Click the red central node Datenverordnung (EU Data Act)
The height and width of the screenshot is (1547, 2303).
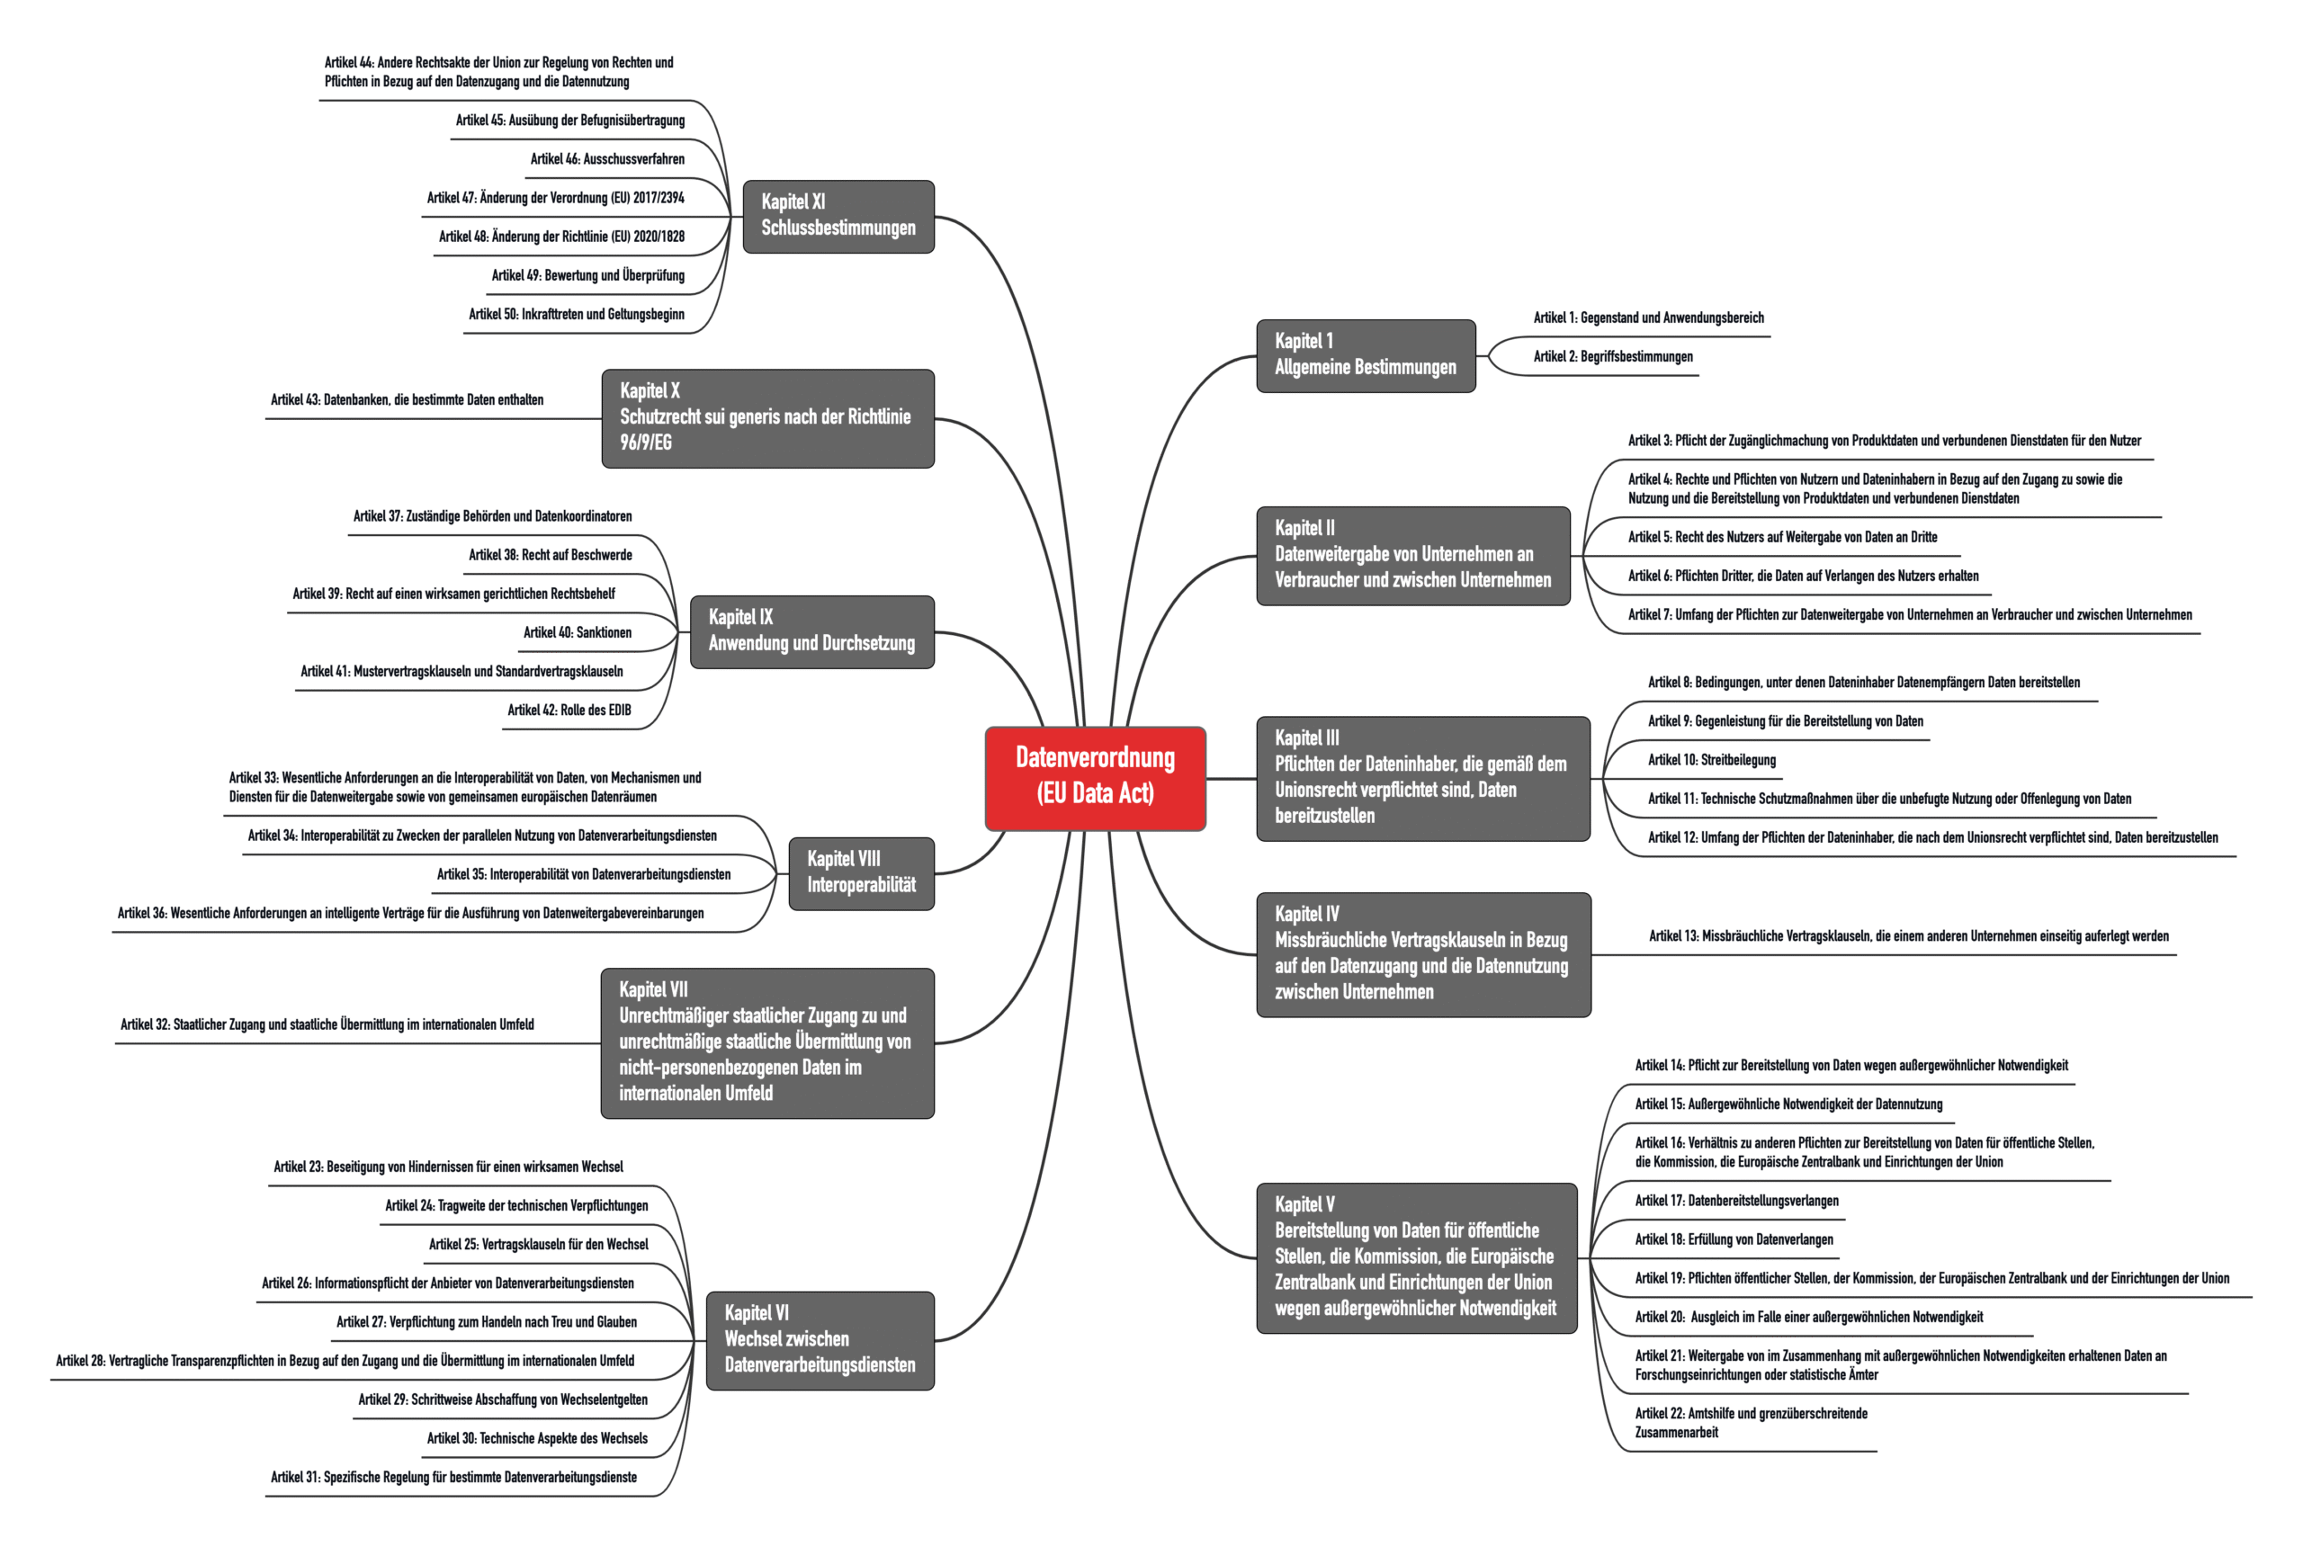pyautogui.click(x=1095, y=778)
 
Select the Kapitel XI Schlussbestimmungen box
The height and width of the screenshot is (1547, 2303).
pyautogui.click(x=838, y=216)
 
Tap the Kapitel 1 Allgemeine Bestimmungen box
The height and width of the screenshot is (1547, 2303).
pyautogui.click(x=1366, y=355)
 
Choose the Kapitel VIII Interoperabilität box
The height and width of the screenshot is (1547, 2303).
pyautogui.click(x=862, y=873)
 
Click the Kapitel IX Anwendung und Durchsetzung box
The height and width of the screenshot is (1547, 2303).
pyautogui.click(x=812, y=631)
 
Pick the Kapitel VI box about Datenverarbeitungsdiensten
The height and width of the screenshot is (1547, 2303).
pyautogui.click(x=820, y=1340)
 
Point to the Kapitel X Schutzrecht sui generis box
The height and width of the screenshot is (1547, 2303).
pyautogui.click(x=767, y=418)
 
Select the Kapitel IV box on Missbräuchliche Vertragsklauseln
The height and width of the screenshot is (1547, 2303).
pyautogui.click(x=1423, y=954)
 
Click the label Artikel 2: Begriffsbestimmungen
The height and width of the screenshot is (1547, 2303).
pyautogui.click(x=1612, y=356)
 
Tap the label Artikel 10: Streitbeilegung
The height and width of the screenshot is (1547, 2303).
pyautogui.click(x=1711, y=760)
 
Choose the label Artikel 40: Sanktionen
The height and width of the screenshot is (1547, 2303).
pyautogui.click(x=578, y=632)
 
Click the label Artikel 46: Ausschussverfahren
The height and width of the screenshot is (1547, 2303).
pyautogui.click(x=607, y=159)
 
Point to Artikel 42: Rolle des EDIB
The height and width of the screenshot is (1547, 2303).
pyautogui.click(x=569, y=711)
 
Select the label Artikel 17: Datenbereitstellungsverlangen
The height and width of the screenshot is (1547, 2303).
pyautogui.click(x=1736, y=1201)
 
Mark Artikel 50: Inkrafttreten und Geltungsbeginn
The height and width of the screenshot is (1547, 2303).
pyautogui.click(x=577, y=314)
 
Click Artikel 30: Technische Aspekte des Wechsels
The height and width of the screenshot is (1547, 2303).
pyautogui.click(x=537, y=1438)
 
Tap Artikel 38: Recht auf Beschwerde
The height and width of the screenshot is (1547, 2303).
pyautogui.click(x=550, y=554)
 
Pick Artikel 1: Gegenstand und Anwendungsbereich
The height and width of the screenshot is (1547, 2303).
pyautogui.click(x=1648, y=317)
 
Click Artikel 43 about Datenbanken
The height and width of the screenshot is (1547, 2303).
pyautogui.click(x=407, y=399)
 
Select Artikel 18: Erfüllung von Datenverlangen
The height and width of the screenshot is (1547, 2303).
pyautogui.click(x=1734, y=1239)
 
